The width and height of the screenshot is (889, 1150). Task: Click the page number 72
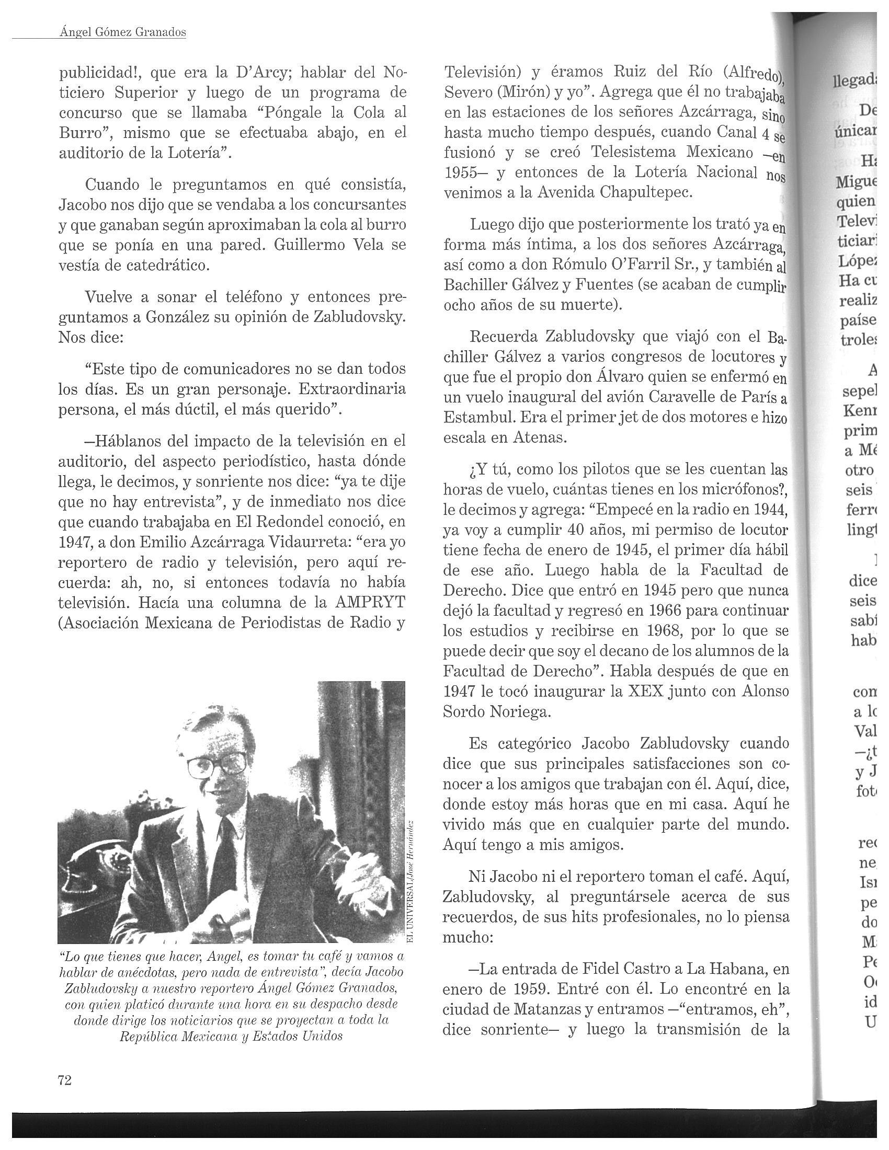coord(64,1080)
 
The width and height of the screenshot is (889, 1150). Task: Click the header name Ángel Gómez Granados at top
coord(124,32)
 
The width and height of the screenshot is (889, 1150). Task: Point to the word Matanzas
coord(530,1009)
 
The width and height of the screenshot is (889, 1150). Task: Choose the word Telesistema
coord(638,153)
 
